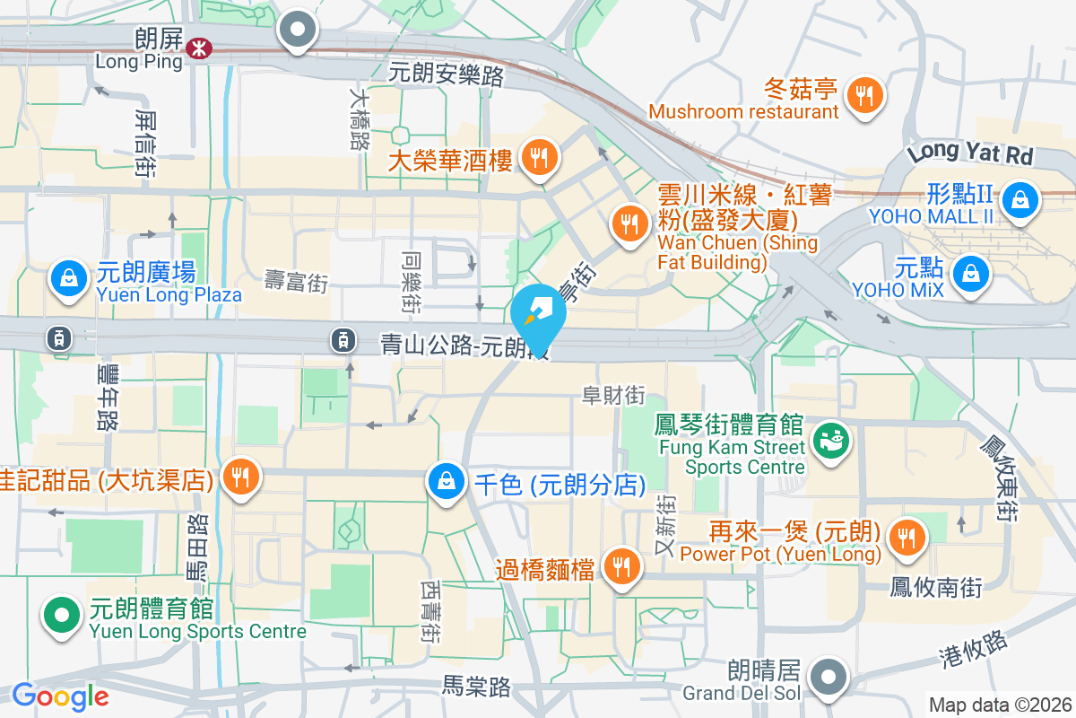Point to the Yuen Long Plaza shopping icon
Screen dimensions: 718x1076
(69, 278)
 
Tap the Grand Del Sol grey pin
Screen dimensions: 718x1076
(829, 675)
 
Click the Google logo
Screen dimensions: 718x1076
(60, 696)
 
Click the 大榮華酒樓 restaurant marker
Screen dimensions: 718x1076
(540, 158)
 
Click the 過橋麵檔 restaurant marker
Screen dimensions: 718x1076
(620, 565)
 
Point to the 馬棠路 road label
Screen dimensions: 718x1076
(476, 687)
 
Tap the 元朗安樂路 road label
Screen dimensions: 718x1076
(447, 74)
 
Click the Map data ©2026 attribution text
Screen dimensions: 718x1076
(1000, 705)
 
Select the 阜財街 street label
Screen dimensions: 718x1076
(614, 395)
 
